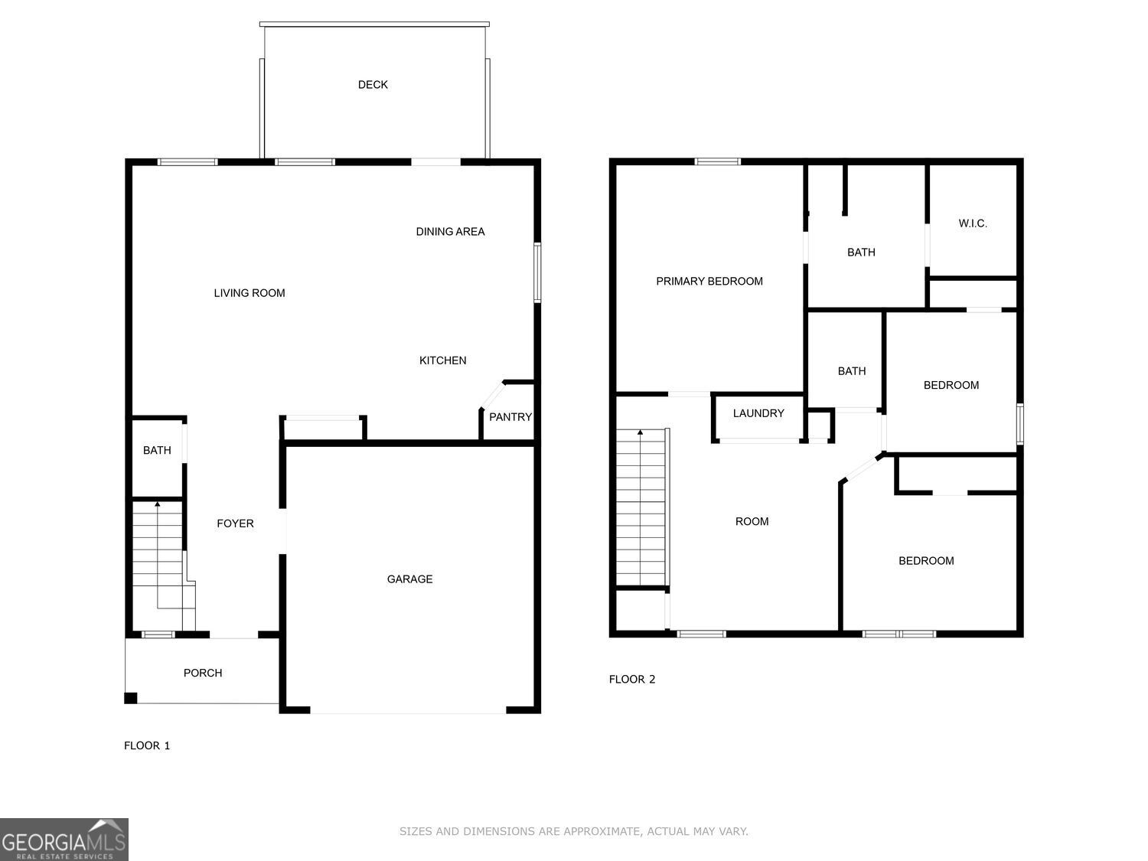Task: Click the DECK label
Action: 373,85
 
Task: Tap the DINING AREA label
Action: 450,232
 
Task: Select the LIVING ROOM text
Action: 249,293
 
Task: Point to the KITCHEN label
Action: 442,360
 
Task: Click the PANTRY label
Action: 510,417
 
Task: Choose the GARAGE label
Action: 409,579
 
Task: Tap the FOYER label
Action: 235,523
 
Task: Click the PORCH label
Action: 203,673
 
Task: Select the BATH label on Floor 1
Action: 157,450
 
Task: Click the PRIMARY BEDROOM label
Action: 709,281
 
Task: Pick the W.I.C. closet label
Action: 973,223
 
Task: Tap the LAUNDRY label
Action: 758,413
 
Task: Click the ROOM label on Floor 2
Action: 752,521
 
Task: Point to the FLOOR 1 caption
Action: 147,745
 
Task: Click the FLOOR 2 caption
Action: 632,679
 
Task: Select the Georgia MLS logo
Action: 64,840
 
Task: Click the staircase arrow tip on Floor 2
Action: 640,432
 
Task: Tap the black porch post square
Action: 131,697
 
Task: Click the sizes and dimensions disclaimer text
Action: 574,831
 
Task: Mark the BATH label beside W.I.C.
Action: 861,252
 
